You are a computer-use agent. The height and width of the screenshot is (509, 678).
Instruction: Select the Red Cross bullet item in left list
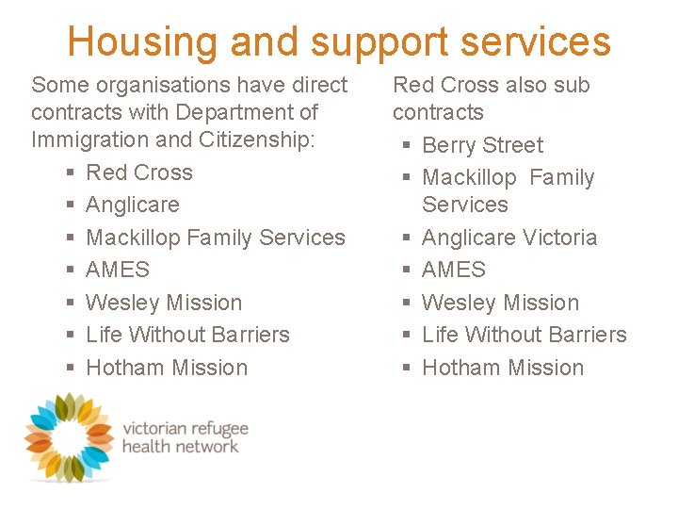[x=139, y=172]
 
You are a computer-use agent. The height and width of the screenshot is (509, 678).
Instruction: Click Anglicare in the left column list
[x=133, y=205]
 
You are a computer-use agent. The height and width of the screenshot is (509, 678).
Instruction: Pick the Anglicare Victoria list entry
[x=509, y=238]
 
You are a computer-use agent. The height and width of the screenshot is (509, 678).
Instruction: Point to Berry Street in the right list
[x=482, y=145]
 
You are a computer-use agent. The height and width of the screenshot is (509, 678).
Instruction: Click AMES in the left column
[x=118, y=270]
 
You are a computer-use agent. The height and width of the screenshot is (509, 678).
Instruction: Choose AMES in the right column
[x=454, y=270]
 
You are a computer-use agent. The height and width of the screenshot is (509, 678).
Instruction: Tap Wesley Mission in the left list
[x=164, y=303]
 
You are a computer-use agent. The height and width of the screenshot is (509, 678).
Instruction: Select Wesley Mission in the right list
[x=500, y=303]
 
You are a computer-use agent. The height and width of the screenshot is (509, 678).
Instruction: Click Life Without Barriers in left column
[x=187, y=335]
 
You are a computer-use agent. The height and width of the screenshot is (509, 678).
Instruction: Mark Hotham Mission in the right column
[x=503, y=368]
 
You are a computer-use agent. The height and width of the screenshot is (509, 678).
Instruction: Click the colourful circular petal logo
[x=68, y=436]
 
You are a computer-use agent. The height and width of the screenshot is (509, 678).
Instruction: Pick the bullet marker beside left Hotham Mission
[x=71, y=369]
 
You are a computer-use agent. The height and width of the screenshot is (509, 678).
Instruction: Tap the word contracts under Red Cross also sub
[x=438, y=112]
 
